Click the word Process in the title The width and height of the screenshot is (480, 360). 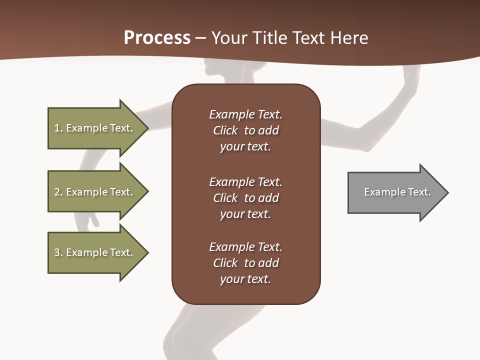pos(157,38)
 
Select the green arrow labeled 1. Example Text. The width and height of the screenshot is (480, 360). pos(95,128)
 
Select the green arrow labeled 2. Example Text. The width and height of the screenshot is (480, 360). pos(95,192)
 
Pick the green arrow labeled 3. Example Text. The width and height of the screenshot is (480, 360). pos(95,252)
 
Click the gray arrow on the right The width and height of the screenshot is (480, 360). pos(395,192)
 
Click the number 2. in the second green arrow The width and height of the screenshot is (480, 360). pos(58,192)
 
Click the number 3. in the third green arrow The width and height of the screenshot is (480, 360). pos(58,252)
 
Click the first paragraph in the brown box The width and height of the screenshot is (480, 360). pos(245,130)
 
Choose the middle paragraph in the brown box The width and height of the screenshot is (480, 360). pos(245,198)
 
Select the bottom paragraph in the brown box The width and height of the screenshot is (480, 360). pos(245,263)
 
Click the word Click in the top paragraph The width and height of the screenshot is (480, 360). pos(225,130)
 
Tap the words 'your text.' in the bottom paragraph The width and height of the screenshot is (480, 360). pos(245,279)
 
